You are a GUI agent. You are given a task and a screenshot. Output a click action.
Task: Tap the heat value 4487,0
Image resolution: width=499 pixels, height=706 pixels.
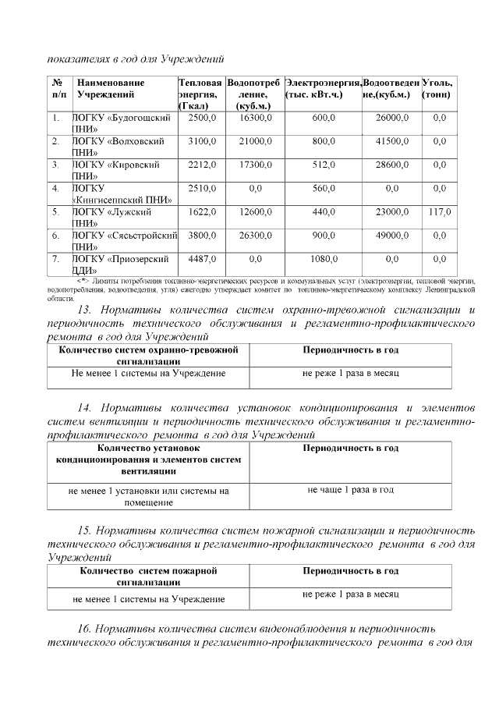tap(203, 259)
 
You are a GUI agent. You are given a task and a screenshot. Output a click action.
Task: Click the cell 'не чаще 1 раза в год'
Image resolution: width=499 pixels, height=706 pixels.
tap(350, 490)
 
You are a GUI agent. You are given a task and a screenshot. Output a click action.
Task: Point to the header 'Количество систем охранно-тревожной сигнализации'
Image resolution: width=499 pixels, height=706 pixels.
tap(148, 357)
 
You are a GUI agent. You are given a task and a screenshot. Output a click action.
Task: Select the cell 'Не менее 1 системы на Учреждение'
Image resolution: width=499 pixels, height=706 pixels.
tap(148, 374)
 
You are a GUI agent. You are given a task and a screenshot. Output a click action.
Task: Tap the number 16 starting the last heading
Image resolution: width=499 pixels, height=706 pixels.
tap(85, 628)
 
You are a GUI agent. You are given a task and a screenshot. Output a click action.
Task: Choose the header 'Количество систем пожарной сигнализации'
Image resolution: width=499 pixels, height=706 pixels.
tap(148, 577)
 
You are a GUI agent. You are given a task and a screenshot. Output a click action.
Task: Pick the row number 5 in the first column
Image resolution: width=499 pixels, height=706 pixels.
tap(55, 212)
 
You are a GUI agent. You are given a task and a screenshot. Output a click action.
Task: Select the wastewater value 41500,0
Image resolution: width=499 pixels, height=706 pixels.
tap(392, 142)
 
